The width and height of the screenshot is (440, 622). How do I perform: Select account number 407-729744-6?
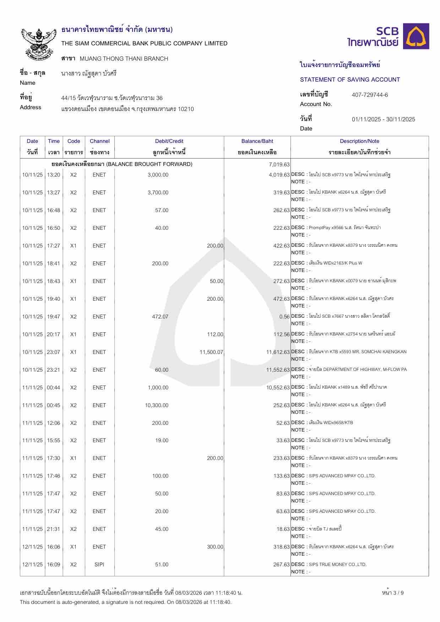pos(370,95)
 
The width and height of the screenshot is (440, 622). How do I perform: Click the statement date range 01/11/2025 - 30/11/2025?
pos(383,119)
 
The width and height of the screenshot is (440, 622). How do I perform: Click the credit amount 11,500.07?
pos(211,352)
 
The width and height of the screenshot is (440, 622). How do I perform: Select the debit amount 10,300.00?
pos(157,405)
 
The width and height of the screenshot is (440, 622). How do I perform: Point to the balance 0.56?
pos(284,317)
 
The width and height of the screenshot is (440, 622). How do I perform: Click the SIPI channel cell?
pos(99,565)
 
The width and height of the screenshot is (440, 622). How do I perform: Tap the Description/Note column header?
pos(359,141)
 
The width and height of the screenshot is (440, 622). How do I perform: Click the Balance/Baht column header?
pos(257,141)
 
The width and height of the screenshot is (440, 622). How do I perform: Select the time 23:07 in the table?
pos(54,352)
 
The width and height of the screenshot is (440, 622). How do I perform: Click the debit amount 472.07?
pos(160,317)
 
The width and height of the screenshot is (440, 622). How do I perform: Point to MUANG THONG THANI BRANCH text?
pos(124,59)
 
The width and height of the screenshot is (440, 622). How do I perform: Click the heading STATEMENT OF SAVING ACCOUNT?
pos(350,79)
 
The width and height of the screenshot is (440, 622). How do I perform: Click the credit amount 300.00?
pos(215,547)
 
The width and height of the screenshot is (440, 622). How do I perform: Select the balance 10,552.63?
pos(278,388)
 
